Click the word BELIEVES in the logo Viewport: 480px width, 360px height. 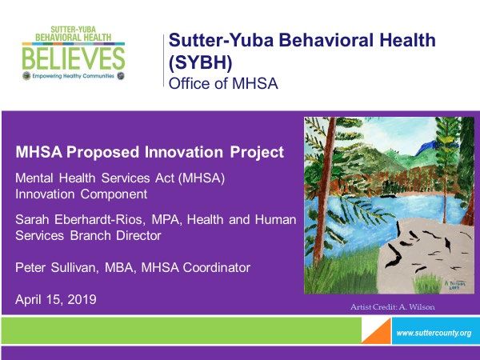[74, 58]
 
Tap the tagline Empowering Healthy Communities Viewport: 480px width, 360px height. [74, 76]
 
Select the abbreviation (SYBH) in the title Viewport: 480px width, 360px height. [201, 62]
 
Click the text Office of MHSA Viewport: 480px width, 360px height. [223, 83]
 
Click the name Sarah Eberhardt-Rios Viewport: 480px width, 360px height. [78, 219]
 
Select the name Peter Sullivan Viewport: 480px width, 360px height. [55, 267]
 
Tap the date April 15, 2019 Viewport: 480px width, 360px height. [56, 299]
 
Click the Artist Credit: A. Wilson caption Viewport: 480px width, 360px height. [393, 306]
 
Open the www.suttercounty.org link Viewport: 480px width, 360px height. [434, 333]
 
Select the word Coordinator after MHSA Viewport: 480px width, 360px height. [217, 267]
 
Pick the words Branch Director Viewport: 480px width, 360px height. [115, 235]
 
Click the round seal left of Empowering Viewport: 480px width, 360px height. [26, 76]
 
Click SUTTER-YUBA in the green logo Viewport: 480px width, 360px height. [73, 30]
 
